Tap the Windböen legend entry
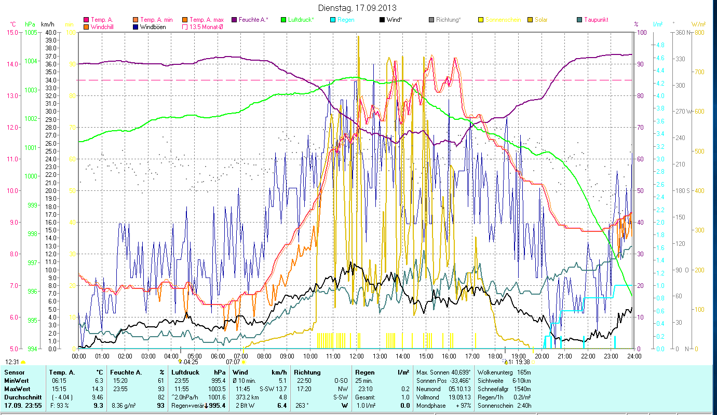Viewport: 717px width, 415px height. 153,26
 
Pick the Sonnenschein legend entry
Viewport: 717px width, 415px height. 502,20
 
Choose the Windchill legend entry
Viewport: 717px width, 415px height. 103,26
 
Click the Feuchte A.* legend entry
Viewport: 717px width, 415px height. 253,20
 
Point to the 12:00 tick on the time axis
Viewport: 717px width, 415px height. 357,356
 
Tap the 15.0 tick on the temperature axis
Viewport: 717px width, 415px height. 12,32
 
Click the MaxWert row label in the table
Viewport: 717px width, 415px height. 18,389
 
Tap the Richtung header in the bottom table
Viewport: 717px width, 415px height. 307,372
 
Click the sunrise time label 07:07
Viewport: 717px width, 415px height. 233,362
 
